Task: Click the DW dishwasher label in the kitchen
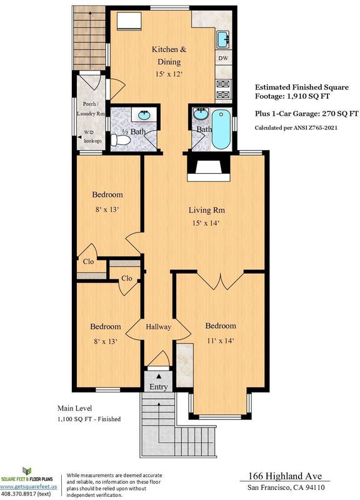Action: [224, 58]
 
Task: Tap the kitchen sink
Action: [224, 39]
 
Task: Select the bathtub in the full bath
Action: [221, 129]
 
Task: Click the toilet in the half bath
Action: [121, 140]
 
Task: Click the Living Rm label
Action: [207, 210]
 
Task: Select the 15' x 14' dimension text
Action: [206, 223]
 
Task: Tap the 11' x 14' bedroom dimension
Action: [221, 341]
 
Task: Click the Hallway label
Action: [159, 327]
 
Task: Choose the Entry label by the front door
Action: [159, 387]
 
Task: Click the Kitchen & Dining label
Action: [169, 56]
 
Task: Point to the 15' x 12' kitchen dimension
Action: [169, 74]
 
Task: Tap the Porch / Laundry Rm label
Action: [91, 109]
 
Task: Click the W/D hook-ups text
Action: [92, 136]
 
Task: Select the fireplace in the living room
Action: [209, 168]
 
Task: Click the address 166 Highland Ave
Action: [285, 476]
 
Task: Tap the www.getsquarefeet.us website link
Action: [29, 487]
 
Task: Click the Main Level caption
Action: [74, 408]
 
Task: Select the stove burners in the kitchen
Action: [223, 89]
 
